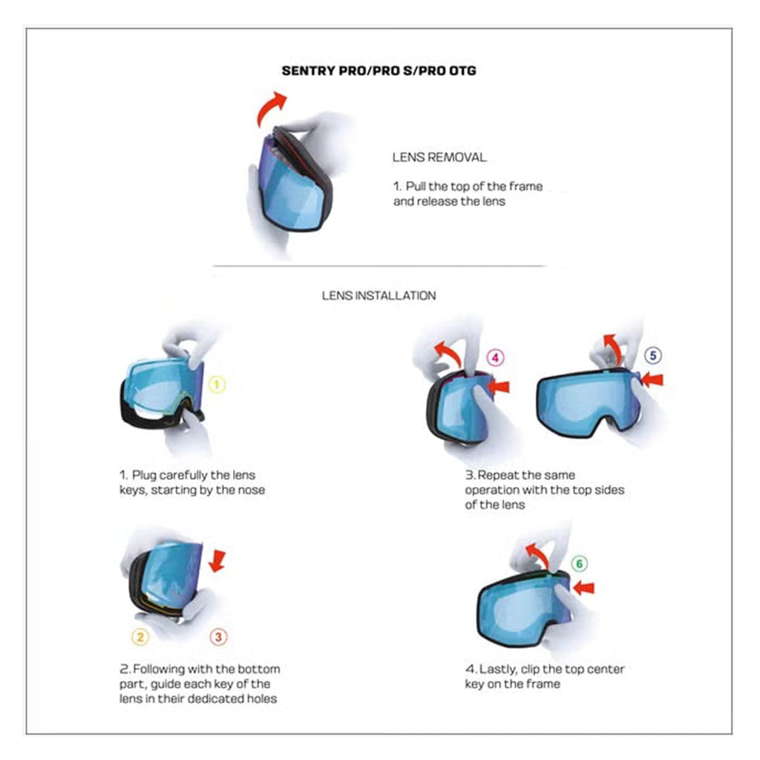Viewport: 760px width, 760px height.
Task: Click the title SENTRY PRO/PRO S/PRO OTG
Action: tap(379, 71)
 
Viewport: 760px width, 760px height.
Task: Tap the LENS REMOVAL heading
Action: tap(439, 157)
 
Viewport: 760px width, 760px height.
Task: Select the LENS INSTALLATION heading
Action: tap(379, 295)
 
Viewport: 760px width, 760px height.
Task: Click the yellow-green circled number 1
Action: tap(217, 385)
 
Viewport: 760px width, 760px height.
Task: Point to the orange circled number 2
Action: tap(140, 637)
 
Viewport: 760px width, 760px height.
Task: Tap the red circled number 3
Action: tap(219, 637)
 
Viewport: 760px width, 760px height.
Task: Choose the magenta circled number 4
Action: tap(495, 358)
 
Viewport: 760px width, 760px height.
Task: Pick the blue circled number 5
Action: tap(653, 356)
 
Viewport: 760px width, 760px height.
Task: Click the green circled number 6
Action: tap(579, 564)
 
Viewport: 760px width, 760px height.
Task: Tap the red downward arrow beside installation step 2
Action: tap(217, 561)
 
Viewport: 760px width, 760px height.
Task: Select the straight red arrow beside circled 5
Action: tap(652, 379)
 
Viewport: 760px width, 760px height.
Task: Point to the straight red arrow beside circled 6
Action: tap(583, 588)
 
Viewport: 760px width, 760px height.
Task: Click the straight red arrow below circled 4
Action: tap(498, 386)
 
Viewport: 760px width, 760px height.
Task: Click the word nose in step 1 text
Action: tap(252, 490)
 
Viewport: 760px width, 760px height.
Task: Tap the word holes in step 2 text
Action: tap(261, 699)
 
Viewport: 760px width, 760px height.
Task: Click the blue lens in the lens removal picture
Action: tap(291, 184)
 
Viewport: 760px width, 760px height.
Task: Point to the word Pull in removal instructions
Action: tap(416, 186)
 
